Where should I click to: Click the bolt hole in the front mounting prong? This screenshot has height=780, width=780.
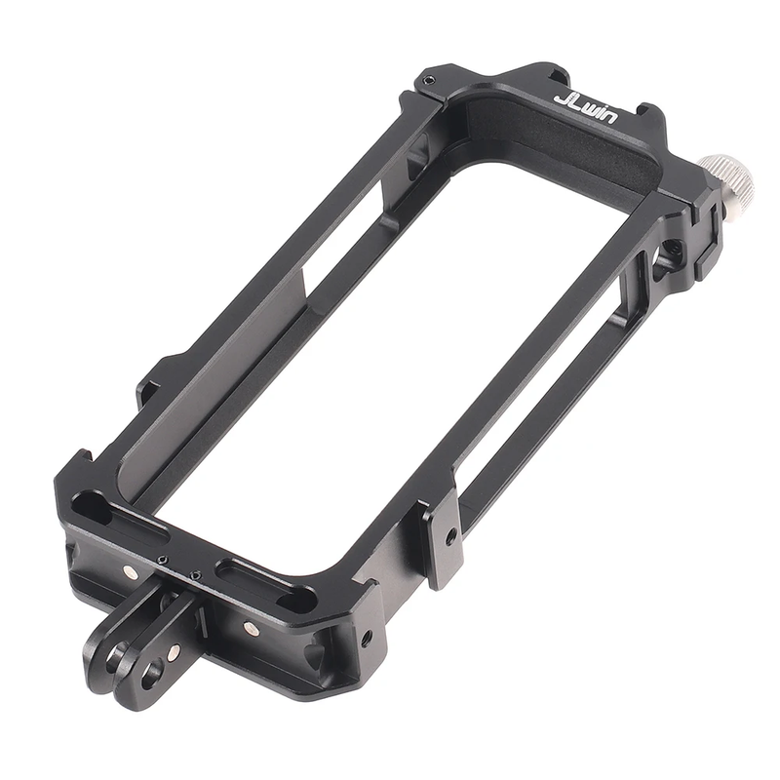[150, 671]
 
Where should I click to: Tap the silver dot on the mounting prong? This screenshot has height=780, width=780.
[174, 650]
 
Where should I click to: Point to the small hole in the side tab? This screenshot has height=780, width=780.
[448, 537]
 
